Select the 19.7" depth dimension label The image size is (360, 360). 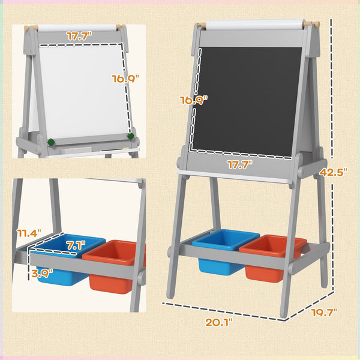(324, 312)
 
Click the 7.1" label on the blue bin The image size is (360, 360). (76, 245)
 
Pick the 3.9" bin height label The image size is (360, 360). (41, 272)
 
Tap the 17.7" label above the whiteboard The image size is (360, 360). (77, 37)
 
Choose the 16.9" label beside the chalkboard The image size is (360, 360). (194, 100)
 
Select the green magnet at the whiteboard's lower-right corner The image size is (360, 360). (130, 136)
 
